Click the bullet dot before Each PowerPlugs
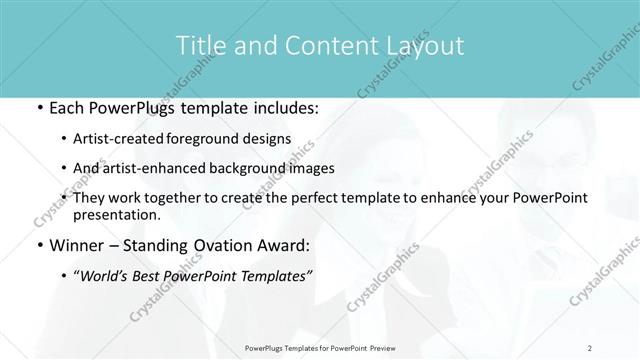coord(37,109)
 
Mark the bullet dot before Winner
coord(37,244)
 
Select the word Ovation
coord(224,244)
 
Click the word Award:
coord(284,244)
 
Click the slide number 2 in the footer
coord(590,348)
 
